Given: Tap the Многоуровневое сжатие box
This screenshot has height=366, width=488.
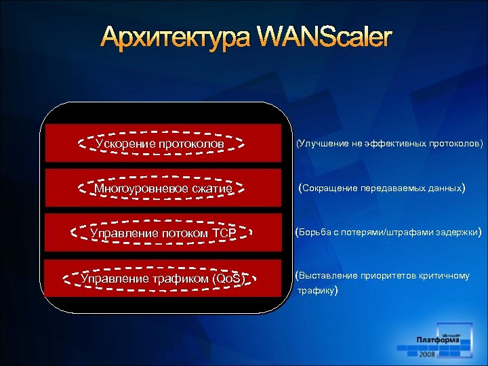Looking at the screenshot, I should (x=163, y=188).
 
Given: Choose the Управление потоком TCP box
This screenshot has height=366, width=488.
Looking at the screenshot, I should (x=163, y=234).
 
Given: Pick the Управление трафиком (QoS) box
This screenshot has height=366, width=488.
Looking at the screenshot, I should (x=163, y=278).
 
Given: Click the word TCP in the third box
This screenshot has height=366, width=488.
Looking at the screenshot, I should (x=223, y=234).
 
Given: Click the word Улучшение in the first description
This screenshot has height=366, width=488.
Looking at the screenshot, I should (x=321, y=144).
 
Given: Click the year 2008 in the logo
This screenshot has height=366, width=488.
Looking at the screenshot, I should (x=428, y=354).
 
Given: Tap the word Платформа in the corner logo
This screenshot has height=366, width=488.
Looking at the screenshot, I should (x=438, y=340).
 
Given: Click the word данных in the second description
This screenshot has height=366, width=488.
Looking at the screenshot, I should (x=444, y=188).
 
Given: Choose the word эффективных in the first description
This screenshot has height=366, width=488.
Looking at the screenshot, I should (x=403, y=144).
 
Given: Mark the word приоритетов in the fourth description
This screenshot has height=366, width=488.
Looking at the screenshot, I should (x=389, y=276).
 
